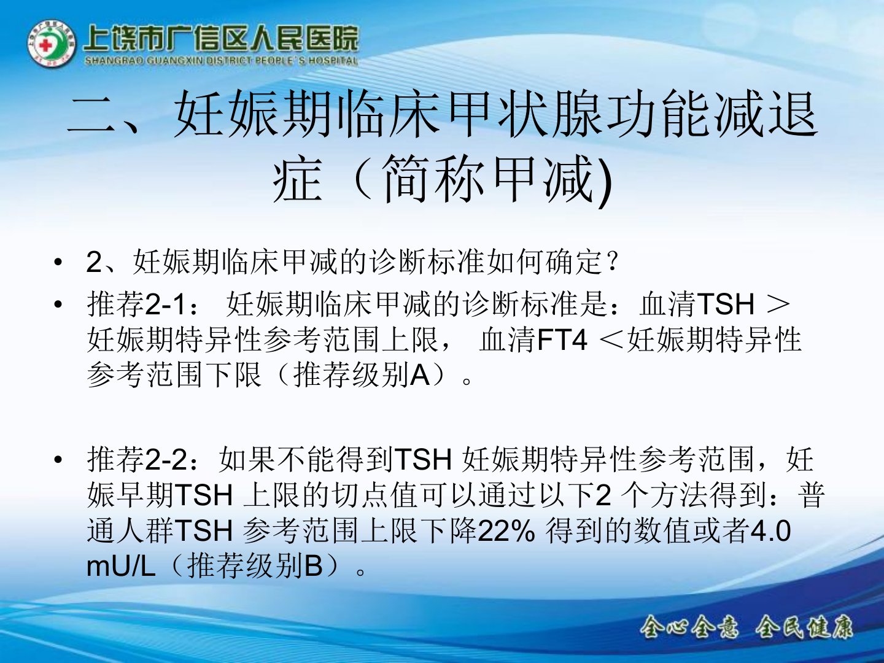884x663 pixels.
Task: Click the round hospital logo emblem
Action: [51, 44]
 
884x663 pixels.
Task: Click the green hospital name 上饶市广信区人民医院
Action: [221, 39]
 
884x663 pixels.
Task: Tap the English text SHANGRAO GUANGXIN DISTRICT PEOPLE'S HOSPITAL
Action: [221, 61]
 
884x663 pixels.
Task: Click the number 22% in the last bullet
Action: [506, 531]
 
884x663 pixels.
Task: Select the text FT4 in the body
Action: [562, 339]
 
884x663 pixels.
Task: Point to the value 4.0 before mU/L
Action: [770, 531]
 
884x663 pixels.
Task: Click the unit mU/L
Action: [121, 567]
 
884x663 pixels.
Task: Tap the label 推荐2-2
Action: [138, 460]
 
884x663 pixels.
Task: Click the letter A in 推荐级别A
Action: [420, 375]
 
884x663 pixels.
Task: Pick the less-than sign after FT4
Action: [612, 340]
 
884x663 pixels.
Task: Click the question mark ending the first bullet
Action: [613, 262]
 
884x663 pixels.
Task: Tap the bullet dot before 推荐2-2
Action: [58, 459]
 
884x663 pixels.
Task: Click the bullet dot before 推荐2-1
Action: [58, 304]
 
